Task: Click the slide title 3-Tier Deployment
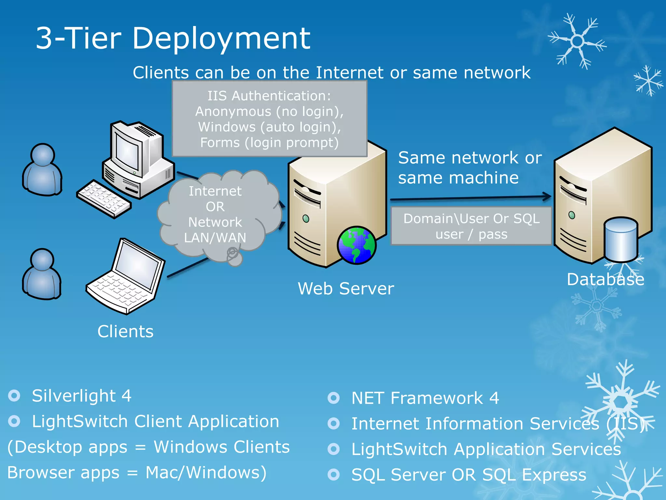[x=173, y=38]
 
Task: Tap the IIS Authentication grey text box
[x=269, y=119]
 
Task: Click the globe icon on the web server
[x=356, y=245]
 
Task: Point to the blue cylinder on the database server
[x=620, y=240]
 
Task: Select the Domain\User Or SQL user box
[x=471, y=226]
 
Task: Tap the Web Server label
[x=346, y=289]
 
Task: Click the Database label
[x=605, y=279]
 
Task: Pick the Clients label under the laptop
[x=125, y=332]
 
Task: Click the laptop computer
[x=127, y=277]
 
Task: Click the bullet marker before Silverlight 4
[x=14, y=396]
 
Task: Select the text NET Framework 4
[x=425, y=398]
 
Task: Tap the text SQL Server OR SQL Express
[x=469, y=475]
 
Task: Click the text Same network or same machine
[x=469, y=168]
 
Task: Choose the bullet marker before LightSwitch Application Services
[x=334, y=449]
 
